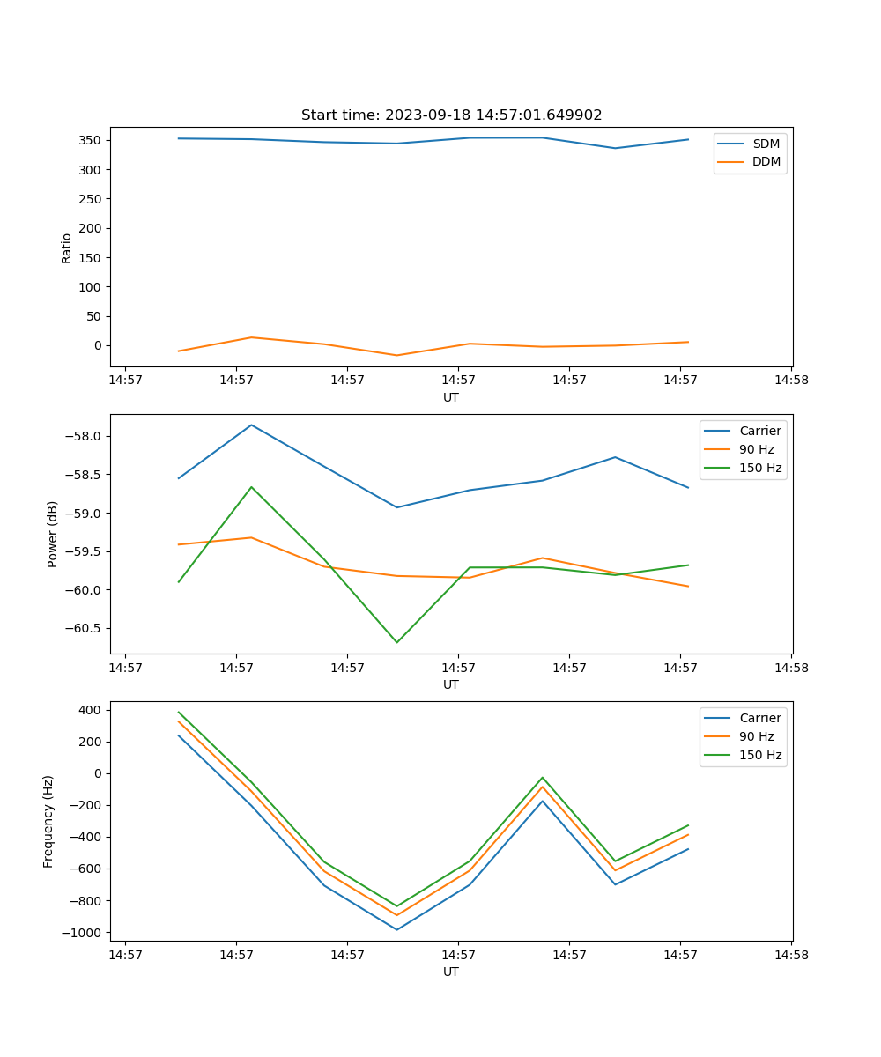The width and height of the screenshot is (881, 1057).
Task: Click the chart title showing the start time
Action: coord(451,115)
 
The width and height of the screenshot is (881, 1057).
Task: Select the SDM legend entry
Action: coord(766,144)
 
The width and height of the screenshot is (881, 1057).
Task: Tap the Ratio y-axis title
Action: coord(66,247)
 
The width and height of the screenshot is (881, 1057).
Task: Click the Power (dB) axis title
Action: coord(53,534)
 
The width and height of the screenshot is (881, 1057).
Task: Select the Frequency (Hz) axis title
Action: coord(48,821)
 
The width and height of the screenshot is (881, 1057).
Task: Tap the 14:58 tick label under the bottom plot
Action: coord(790,955)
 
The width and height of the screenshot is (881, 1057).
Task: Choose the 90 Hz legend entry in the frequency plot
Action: coord(758,736)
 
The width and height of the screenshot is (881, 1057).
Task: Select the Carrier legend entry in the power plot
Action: coord(760,431)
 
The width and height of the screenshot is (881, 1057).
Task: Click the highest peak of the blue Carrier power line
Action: coord(252,425)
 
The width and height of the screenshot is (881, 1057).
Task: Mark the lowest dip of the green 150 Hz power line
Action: coord(396,642)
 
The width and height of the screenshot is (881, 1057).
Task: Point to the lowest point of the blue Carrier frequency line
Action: coord(396,929)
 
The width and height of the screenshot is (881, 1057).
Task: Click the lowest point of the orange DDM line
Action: coord(396,355)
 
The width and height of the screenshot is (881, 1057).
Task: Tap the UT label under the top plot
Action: coord(451,397)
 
